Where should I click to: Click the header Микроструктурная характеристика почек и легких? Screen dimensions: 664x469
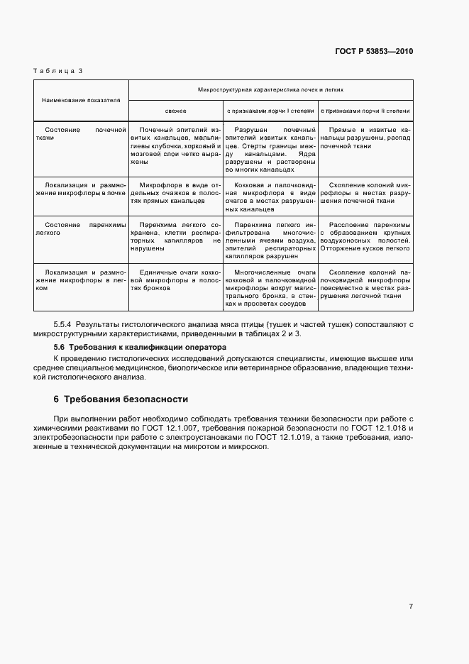point(270,90)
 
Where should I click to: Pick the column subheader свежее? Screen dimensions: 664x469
point(176,111)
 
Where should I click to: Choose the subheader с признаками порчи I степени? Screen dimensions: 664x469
point(270,111)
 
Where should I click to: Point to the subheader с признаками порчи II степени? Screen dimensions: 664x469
point(365,111)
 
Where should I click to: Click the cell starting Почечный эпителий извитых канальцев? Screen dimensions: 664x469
point(176,146)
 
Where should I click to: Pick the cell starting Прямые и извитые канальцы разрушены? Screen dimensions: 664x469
point(365,138)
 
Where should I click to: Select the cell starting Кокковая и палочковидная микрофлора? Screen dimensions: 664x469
point(270,196)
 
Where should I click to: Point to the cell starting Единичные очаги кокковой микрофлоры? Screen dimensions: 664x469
point(176,280)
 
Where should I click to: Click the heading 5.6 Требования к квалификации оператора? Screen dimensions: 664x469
point(140,348)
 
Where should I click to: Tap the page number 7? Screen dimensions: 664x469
point(411,606)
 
